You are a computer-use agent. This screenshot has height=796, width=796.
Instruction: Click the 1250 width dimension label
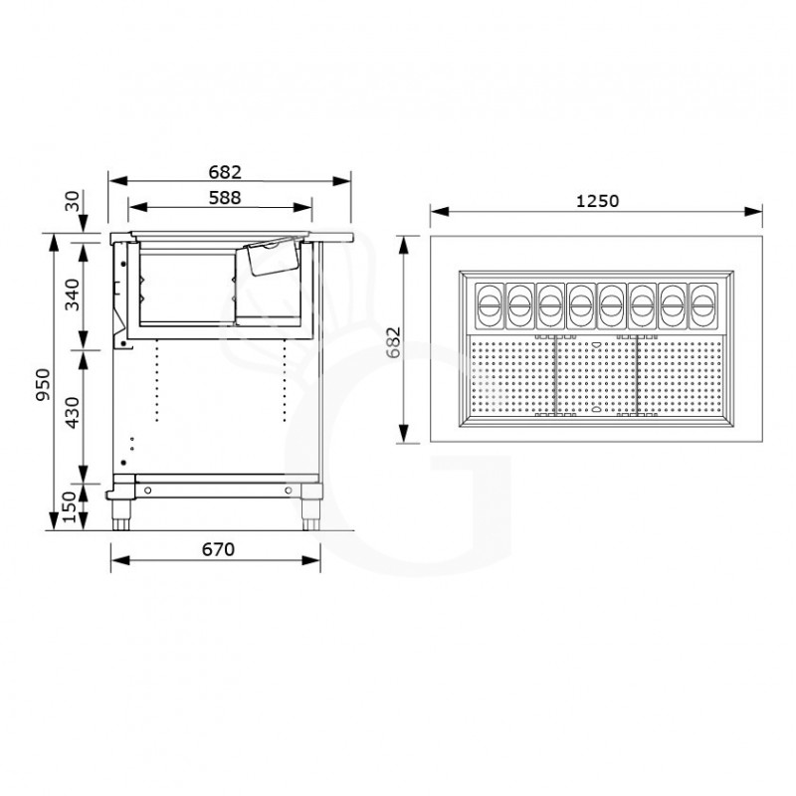pyautogui.click(x=597, y=200)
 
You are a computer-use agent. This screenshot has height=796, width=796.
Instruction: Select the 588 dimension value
pyautogui.click(x=225, y=197)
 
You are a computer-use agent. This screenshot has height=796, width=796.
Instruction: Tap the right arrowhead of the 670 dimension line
pyautogui.click(x=316, y=560)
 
